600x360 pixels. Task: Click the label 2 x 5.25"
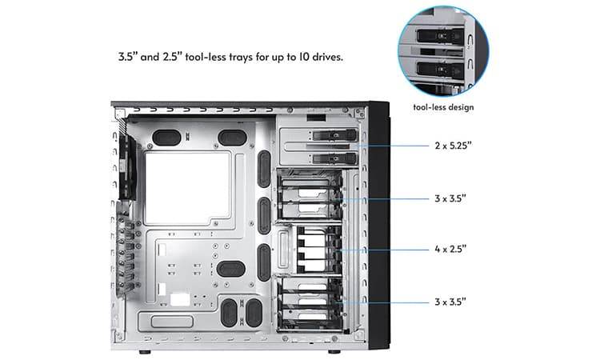[453, 146]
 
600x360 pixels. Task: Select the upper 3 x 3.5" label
[450, 198]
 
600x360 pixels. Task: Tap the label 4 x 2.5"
[450, 249]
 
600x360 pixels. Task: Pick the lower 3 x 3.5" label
[450, 302]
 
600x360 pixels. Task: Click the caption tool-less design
[443, 107]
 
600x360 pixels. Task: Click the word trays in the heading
[241, 58]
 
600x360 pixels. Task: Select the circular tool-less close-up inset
[443, 51]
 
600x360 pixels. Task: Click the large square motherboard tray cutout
[187, 187]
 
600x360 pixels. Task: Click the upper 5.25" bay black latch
[334, 135]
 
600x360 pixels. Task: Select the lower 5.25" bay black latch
[334, 158]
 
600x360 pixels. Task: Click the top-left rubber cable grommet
[166, 138]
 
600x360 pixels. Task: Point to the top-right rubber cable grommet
[232, 138]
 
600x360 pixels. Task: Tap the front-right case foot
[334, 351]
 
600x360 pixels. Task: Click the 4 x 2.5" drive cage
[310, 249]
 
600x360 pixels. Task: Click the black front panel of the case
[379, 225]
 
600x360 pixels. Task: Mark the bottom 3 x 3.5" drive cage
[309, 304]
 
